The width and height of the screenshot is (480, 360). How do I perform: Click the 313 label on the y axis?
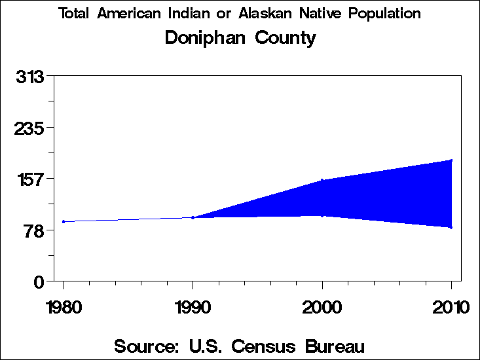coord(30,77)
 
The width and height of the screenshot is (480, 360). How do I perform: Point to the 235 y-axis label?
coord(30,128)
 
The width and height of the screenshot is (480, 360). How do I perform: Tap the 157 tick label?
coord(30,179)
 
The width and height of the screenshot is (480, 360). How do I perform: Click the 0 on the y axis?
coord(39,281)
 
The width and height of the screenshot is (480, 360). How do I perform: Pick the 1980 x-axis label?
coord(64,307)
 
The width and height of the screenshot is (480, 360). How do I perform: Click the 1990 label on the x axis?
coord(193,307)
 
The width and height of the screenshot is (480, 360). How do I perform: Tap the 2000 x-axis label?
coord(322,307)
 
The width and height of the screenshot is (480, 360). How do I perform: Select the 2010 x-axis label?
coord(451,307)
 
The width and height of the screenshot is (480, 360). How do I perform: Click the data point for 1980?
coord(64,221)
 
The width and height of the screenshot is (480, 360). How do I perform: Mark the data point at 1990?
coord(193,217)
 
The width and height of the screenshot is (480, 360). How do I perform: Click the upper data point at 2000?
coord(322,180)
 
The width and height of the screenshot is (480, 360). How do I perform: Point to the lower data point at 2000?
coord(322,215)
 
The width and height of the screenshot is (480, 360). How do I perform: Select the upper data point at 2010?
coord(451,160)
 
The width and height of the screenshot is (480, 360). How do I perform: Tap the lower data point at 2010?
coord(451,227)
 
